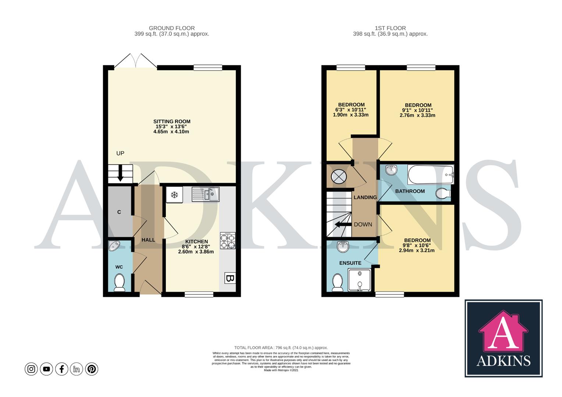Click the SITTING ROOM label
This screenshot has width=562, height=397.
tap(172, 122)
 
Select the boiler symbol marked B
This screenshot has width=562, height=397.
tap(230, 278)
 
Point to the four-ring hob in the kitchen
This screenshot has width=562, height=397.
tap(228, 241)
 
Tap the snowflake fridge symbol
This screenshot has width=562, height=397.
tap(174, 195)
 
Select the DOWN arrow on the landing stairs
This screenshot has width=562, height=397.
tap(342, 224)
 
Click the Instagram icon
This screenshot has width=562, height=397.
tap(31, 369)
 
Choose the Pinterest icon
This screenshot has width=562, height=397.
tap(92, 369)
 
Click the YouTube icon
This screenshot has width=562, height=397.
tap(46, 369)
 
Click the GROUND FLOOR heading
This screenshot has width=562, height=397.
tap(172, 28)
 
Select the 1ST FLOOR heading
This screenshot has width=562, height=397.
tap(390, 28)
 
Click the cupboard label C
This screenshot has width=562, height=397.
tap(119, 212)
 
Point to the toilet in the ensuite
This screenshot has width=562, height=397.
tap(337, 282)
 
